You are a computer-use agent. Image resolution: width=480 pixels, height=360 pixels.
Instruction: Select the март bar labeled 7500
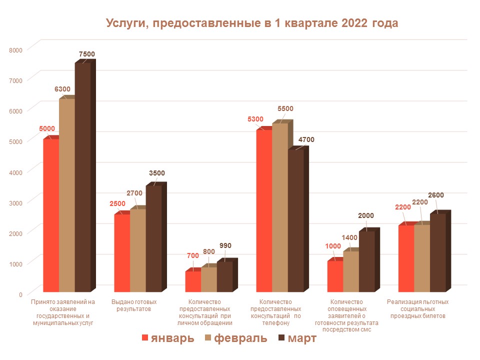(82, 177)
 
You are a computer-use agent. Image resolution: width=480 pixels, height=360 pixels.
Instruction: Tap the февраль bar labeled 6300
(67, 195)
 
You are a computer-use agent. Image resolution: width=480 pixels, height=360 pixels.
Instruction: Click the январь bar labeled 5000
(51, 215)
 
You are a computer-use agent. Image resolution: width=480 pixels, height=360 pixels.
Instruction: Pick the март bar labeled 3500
(153, 238)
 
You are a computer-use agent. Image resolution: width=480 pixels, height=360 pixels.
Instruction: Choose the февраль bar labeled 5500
(280, 207)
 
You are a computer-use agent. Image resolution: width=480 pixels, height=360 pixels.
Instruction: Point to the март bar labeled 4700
(295, 220)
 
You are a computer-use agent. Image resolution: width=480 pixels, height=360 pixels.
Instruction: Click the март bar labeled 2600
(437, 252)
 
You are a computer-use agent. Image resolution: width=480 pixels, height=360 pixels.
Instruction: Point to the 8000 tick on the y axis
(17, 49)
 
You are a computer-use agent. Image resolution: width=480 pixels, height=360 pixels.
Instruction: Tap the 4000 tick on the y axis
(17, 172)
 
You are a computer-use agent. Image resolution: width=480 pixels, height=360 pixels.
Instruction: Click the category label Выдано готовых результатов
(133, 305)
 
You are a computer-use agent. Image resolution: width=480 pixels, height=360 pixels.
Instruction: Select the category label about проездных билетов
(418, 309)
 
